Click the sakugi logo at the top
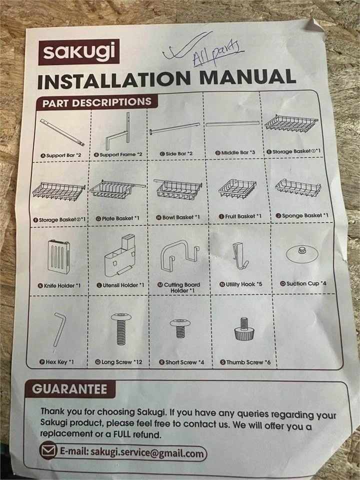(78, 51)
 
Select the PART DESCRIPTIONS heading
(96, 102)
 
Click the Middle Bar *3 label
(235, 152)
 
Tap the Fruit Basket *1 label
(240, 216)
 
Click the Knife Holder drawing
(58, 256)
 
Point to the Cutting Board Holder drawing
(179, 255)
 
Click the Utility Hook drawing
(240, 256)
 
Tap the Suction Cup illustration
(302, 254)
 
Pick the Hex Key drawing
(59, 329)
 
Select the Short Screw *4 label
(181, 362)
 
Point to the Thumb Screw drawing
(244, 329)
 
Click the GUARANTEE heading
(70, 389)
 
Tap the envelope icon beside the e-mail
(48, 450)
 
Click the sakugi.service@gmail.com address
(147, 453)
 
